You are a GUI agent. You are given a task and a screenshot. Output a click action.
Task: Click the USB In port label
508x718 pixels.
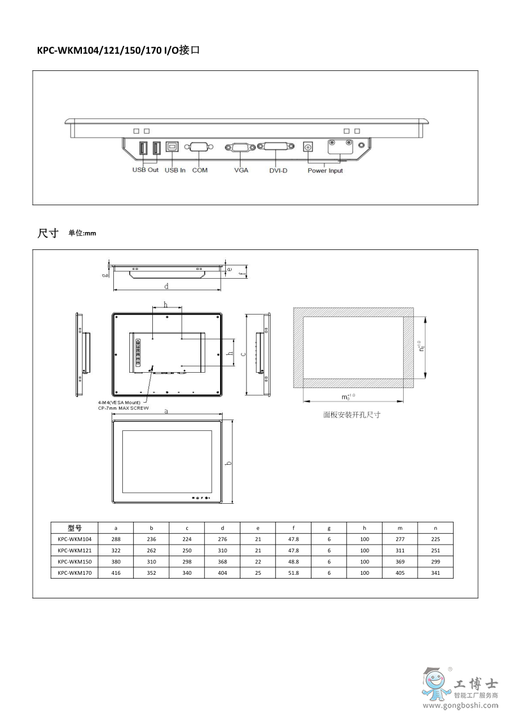(175, 170)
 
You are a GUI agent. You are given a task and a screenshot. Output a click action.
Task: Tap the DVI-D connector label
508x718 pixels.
(279, 170)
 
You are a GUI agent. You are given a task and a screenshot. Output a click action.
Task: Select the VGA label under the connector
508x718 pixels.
(241, 170)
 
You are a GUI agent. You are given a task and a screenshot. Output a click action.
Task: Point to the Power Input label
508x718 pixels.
(325, 171)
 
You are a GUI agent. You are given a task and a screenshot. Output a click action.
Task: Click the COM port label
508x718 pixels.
(200, 170)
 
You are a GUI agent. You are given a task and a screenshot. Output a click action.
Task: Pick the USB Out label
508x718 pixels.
(145, 170)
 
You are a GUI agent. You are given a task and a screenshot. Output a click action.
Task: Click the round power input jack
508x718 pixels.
(308, 147)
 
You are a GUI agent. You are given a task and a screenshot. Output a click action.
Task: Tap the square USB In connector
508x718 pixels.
(173, 146)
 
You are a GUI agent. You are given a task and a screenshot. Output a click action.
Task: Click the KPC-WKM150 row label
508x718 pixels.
(74, 561)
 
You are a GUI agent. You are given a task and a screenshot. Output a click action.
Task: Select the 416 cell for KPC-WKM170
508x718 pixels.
(115, 574)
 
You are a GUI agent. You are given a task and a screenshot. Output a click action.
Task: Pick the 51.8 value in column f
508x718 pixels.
(293, 574)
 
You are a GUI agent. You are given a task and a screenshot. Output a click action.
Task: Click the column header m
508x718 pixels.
(400, 528)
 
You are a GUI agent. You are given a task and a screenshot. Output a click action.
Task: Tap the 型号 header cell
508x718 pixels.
(74, 528)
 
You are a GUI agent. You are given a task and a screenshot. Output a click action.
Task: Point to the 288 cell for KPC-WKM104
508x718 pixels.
(115, 539)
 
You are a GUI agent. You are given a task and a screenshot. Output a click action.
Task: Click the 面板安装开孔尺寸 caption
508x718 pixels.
(352, 415)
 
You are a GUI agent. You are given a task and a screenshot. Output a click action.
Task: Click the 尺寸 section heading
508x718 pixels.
(48, 233)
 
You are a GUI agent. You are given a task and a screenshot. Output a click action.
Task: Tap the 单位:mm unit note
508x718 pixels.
(82, 234)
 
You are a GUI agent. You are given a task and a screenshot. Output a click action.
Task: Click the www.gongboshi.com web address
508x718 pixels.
(459, 706)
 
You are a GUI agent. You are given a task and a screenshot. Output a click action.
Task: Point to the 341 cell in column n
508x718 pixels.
(435, 574)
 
